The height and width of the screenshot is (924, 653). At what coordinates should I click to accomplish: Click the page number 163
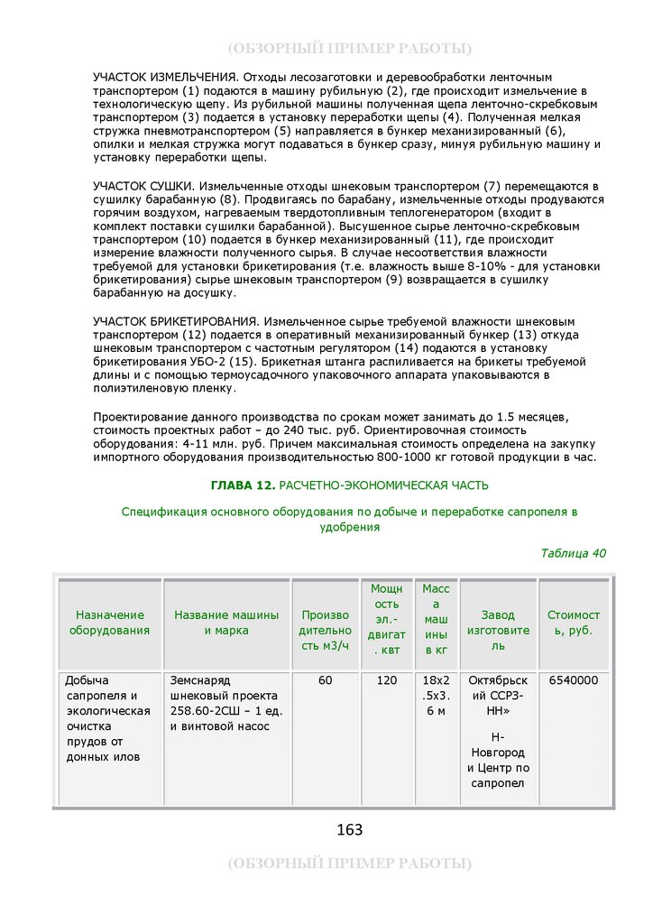tap(349, 829)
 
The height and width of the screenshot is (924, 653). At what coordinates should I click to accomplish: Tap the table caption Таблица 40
tap(574, 553)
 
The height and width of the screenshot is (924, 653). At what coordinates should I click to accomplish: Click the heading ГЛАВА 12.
tap(243, 485)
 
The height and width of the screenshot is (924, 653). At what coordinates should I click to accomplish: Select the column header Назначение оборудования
tap(109, 623)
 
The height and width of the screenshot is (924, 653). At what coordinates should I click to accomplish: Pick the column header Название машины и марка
tap(226, 623)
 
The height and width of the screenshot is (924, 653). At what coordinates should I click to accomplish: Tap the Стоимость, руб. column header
tap(574, 623)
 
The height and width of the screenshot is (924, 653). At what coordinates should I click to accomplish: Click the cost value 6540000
tap(574, 680)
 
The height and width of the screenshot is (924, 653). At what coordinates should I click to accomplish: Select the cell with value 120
tap(386, 680)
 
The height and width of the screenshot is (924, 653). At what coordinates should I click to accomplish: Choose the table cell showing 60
tap(325, 680)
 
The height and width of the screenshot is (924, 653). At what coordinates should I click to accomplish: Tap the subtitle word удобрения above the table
tap(349, 527)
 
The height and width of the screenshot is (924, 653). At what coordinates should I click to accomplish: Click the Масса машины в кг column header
tap(436, 619)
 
